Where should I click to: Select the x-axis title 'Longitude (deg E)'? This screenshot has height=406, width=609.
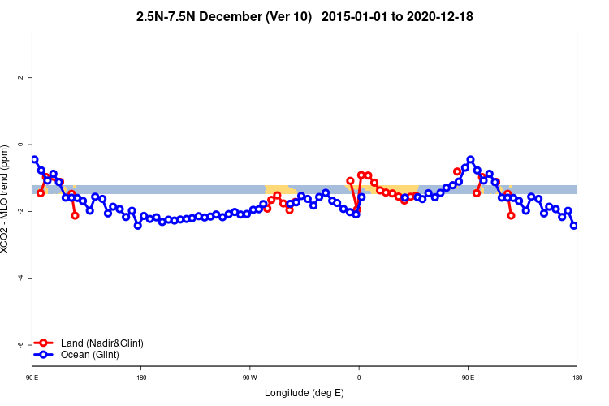coord(304,393)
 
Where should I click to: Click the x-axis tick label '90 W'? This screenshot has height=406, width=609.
coord(249,378)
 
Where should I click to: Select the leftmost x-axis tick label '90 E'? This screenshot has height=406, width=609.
coord(32,378)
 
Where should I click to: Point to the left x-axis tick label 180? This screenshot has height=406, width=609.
coord(141,378)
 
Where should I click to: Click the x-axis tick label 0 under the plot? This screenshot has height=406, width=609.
coord(359,378)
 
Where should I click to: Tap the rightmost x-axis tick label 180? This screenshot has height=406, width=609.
coord(577,378)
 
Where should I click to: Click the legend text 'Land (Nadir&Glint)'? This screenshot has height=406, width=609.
coord(102,343)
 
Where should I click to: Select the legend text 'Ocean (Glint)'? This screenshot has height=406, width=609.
coord(90,355)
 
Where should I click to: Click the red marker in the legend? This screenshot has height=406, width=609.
coord(45,343)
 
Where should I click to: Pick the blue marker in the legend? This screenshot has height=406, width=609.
coord(45,355)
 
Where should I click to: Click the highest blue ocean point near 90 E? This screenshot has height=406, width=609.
coord(470,160)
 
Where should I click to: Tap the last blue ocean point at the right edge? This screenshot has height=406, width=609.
coord(574,225)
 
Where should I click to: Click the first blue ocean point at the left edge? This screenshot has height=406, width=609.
coord(34,159)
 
